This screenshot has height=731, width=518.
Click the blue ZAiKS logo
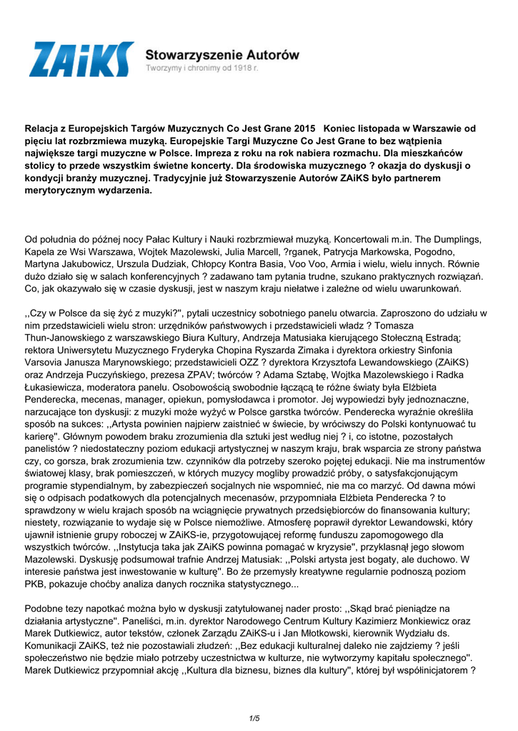[x=81, y=60]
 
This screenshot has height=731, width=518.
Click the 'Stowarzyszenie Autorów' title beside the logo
[x=222, y=54]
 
